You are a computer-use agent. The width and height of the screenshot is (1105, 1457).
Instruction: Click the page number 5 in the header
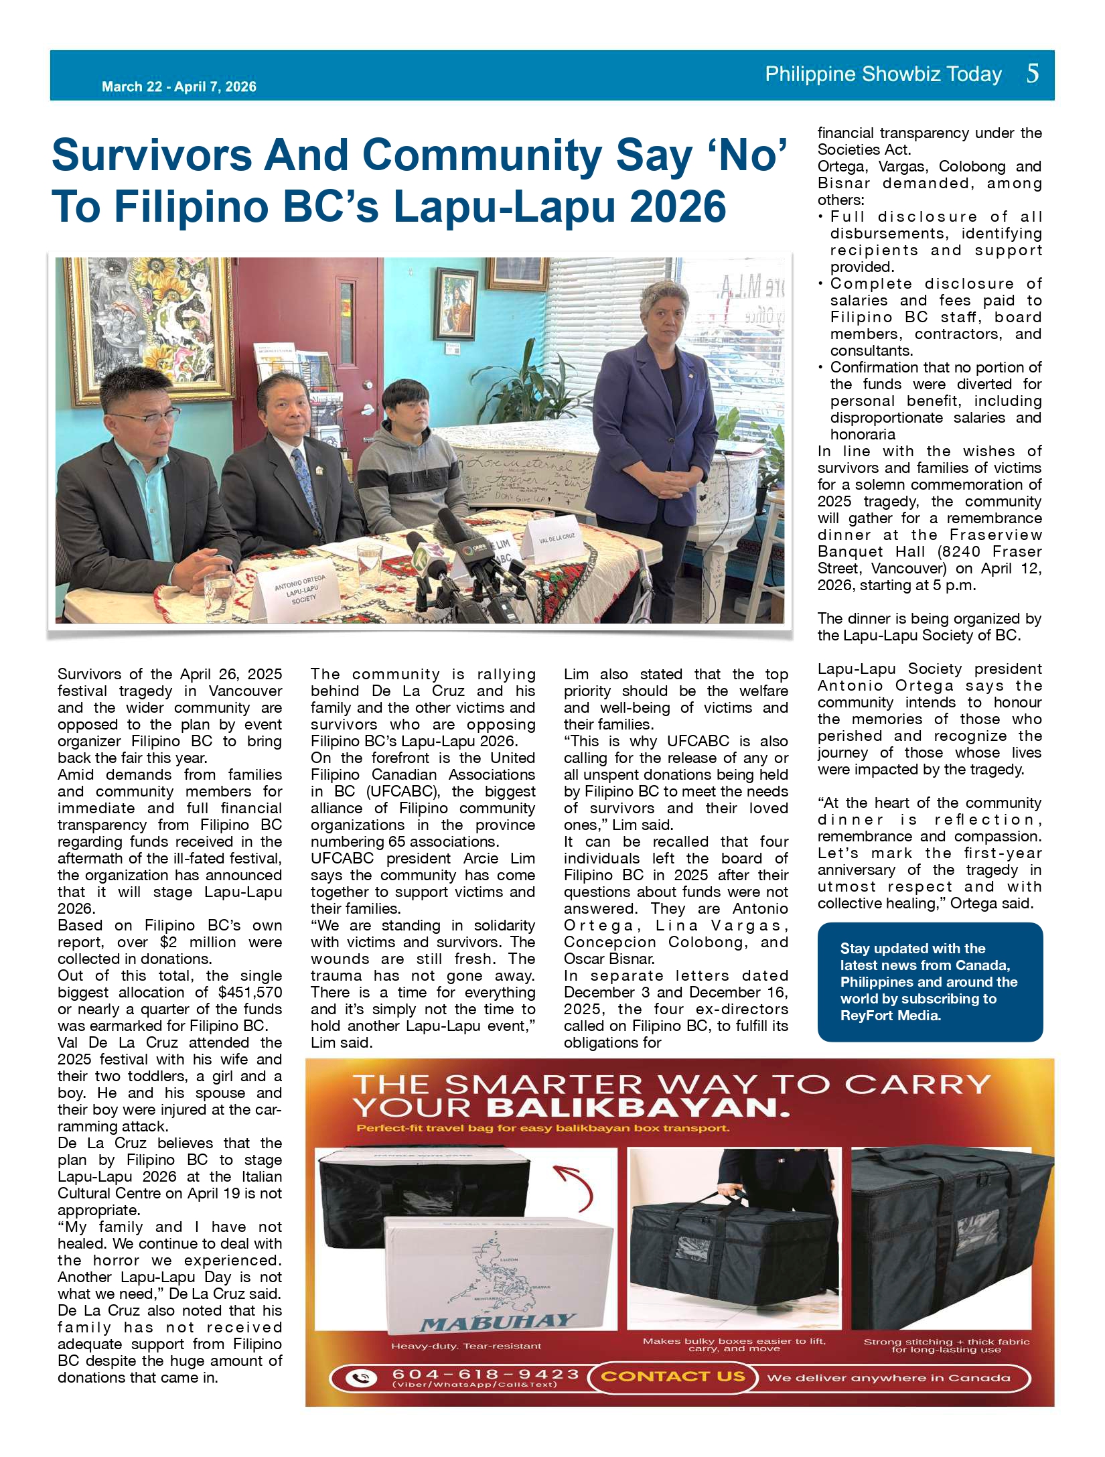tap(1032, 73)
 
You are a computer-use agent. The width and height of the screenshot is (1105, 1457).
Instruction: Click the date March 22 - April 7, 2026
tap(179, 86)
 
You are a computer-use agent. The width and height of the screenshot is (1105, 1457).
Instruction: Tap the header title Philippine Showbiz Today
tap(883, 74)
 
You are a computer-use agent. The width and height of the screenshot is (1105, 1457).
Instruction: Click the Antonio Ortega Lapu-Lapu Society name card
tap(301, 589)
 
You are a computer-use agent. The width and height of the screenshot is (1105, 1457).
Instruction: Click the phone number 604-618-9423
tap(485, 1375)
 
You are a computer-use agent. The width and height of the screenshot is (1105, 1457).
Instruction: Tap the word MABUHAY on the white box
tap(497, 1322)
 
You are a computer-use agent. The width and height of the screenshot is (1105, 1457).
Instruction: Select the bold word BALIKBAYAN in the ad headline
tap(638, 1108)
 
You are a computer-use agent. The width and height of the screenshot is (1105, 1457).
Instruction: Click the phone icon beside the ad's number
tap(361, 1378)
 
